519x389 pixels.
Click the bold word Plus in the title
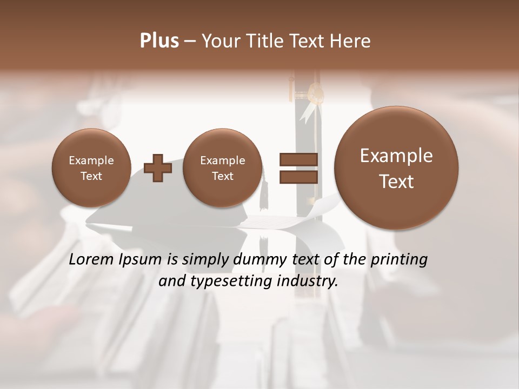click(159, 41)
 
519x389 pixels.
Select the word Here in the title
click(351, 41)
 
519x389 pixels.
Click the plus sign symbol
click(158, 168)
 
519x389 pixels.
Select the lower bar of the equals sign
click(298, 177)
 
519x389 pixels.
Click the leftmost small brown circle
click(91, 168)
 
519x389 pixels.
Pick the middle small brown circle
click(222, 168)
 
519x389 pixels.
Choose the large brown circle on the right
click(396, 167)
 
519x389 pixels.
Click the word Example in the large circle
click(396, 156)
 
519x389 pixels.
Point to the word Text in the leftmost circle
click(91, 176)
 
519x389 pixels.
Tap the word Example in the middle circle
click(222, 160)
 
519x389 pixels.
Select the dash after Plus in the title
click(190, 41)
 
